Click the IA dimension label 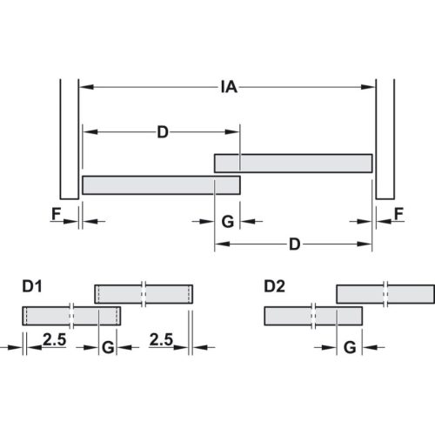(230, 87)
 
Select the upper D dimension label (162, 132)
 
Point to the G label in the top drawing (227, 222)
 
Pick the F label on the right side (398, 212)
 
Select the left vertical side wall (68, 139)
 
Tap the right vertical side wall (385, 139)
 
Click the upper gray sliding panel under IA (293, 163)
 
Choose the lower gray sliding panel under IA (161, 184)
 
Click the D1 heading (32, 285)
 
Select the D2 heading (274, 285)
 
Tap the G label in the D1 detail (108, 347)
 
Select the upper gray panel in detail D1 (143, 293)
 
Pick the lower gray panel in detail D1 (71, 315)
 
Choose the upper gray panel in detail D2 (385, 293)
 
